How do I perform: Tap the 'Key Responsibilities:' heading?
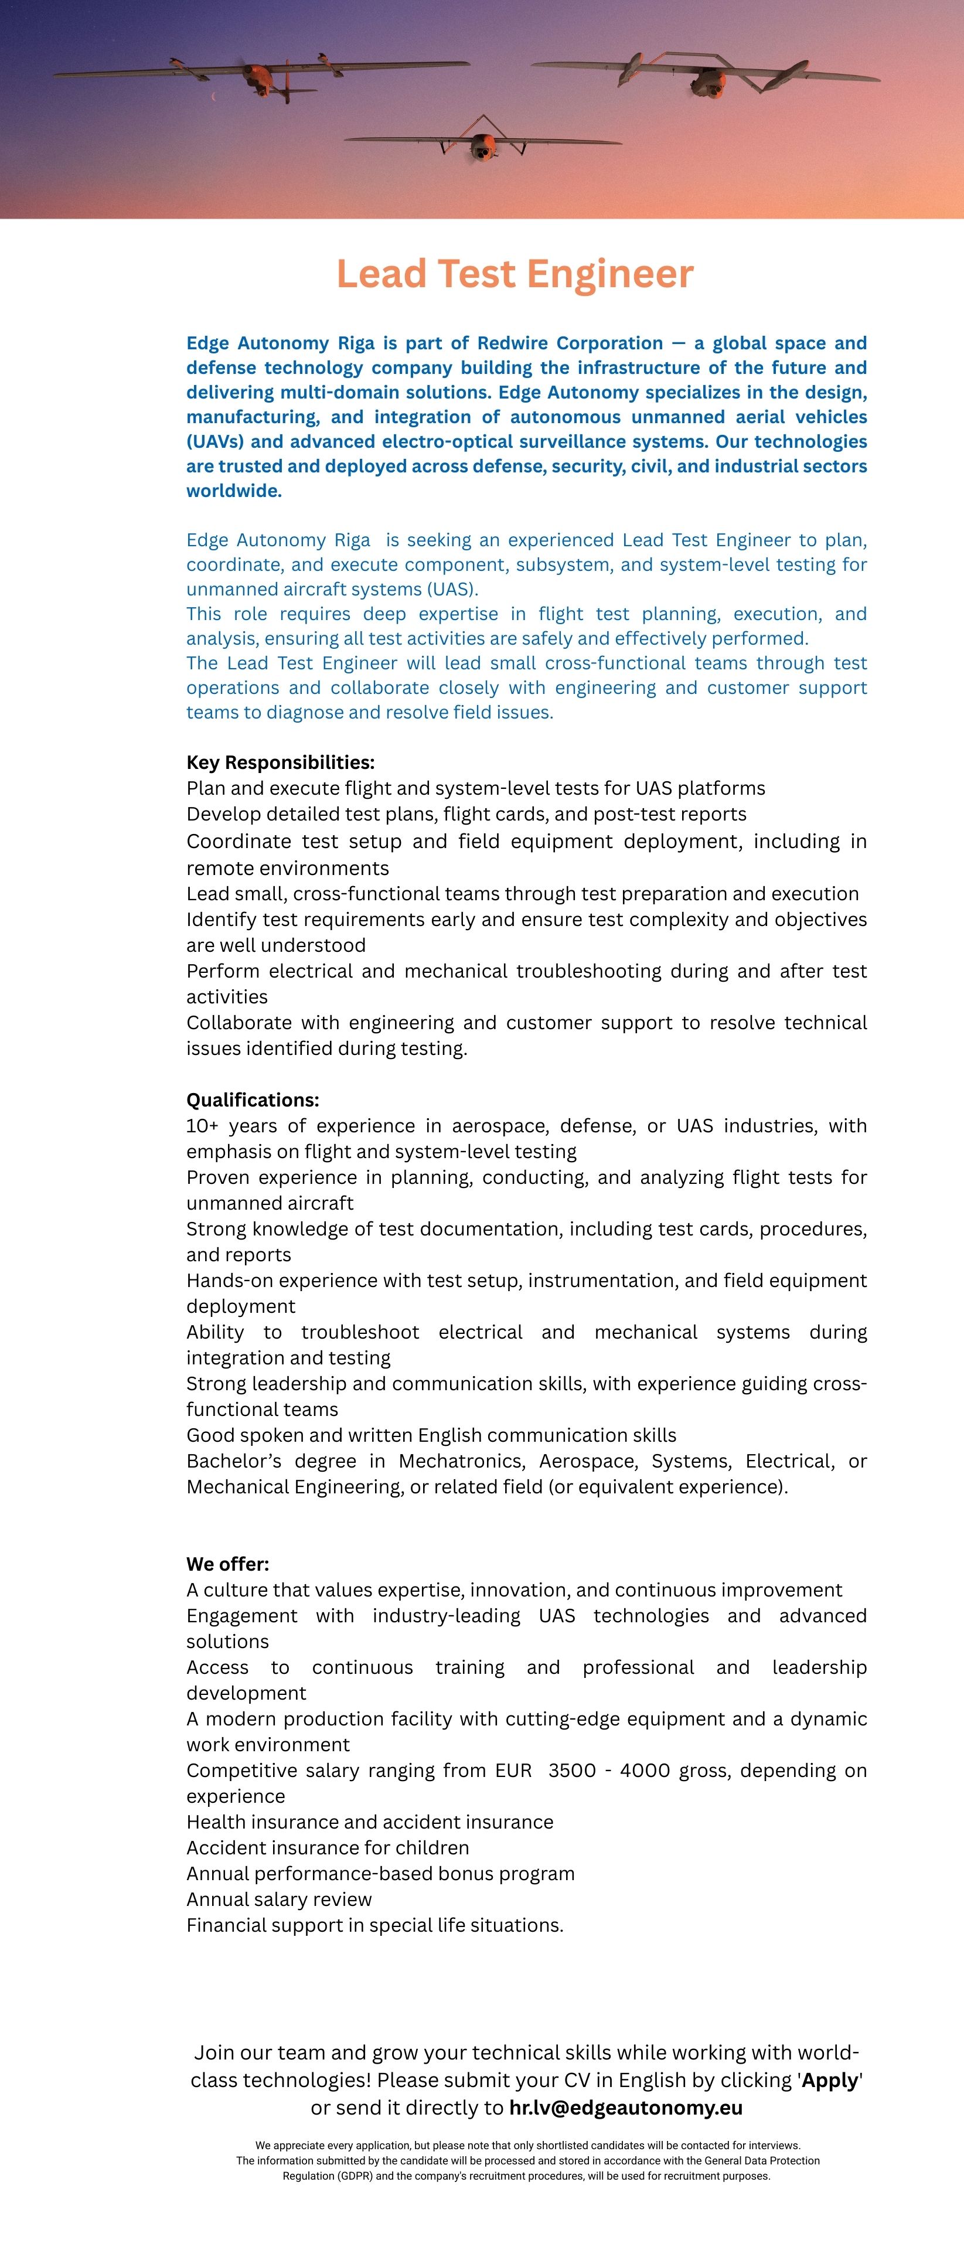(x=281, y=762)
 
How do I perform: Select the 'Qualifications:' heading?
(x=253, y=1099)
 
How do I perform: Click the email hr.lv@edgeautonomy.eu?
(x=626, y=2107)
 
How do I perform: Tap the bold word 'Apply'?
(x=829, y=2080)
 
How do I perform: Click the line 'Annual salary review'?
(x=279, y=1899)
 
